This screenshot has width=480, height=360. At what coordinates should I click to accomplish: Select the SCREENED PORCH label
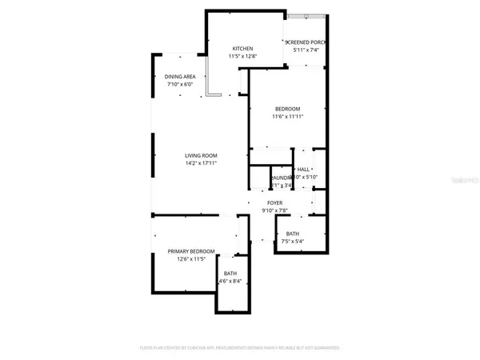coord(306,42)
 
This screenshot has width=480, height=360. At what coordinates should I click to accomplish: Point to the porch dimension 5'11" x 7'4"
coord(306,50)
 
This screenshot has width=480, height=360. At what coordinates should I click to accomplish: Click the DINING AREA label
coord(180,76)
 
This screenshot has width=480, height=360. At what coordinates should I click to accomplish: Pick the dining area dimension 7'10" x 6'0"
coord(180,84)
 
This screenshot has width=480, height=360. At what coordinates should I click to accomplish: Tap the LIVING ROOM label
coord(201,155)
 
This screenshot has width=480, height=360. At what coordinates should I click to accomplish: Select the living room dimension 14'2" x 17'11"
coord(201,163)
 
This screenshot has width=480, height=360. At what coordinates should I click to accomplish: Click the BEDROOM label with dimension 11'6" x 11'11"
coord(287,109)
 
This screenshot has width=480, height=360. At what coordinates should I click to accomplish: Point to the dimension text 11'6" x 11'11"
coord(287,118)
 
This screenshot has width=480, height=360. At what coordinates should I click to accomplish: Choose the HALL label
coord(304,170)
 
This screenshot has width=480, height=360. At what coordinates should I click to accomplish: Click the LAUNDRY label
coord(280,178)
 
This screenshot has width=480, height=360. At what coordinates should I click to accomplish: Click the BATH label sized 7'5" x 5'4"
coord(293,234)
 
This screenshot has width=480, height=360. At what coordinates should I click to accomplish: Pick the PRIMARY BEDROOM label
coord(190,251)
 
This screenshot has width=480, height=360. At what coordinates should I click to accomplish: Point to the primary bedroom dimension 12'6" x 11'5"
coord(190,259)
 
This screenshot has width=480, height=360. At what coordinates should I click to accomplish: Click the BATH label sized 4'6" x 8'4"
coord(230,274)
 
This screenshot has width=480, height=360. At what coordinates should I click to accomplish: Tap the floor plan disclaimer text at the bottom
coord(240,348)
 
